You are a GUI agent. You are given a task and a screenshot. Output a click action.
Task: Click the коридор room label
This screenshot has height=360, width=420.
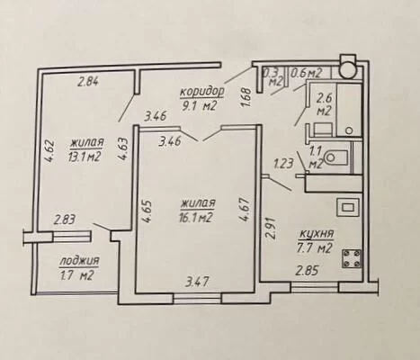click(201, 92)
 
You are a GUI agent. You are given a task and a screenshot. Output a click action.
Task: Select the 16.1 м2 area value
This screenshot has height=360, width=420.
click(198, 217)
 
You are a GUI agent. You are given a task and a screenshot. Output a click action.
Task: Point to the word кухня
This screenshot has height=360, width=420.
click(316, 234)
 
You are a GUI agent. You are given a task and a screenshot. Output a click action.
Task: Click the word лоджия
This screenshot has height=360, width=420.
click(79, 261)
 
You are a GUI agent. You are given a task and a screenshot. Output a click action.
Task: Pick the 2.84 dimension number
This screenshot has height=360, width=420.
click(87, 81)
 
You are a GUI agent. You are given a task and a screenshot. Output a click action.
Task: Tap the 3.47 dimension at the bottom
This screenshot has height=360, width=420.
click(197, 282)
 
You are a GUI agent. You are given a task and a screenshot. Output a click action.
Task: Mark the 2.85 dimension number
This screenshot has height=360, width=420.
click(306, 271)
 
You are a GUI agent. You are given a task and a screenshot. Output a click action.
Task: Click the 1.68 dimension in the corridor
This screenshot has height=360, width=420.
click(246, 97)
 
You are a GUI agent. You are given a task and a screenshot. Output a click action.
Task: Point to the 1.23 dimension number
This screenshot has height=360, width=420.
click(282, 164)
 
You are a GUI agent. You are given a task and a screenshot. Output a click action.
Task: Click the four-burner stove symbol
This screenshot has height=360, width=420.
click(352, 258)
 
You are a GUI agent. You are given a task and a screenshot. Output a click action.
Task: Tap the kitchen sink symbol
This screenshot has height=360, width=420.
click(348, 207)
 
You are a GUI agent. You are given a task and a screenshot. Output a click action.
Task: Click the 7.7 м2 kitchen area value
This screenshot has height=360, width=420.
click(316, 248)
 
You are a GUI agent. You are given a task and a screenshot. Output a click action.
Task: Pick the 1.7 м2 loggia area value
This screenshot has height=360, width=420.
click(76, 275)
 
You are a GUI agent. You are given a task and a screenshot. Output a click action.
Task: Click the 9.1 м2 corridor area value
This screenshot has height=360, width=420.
click(201, 106)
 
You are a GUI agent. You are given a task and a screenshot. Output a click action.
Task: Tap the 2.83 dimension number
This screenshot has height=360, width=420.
click(64, 220)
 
